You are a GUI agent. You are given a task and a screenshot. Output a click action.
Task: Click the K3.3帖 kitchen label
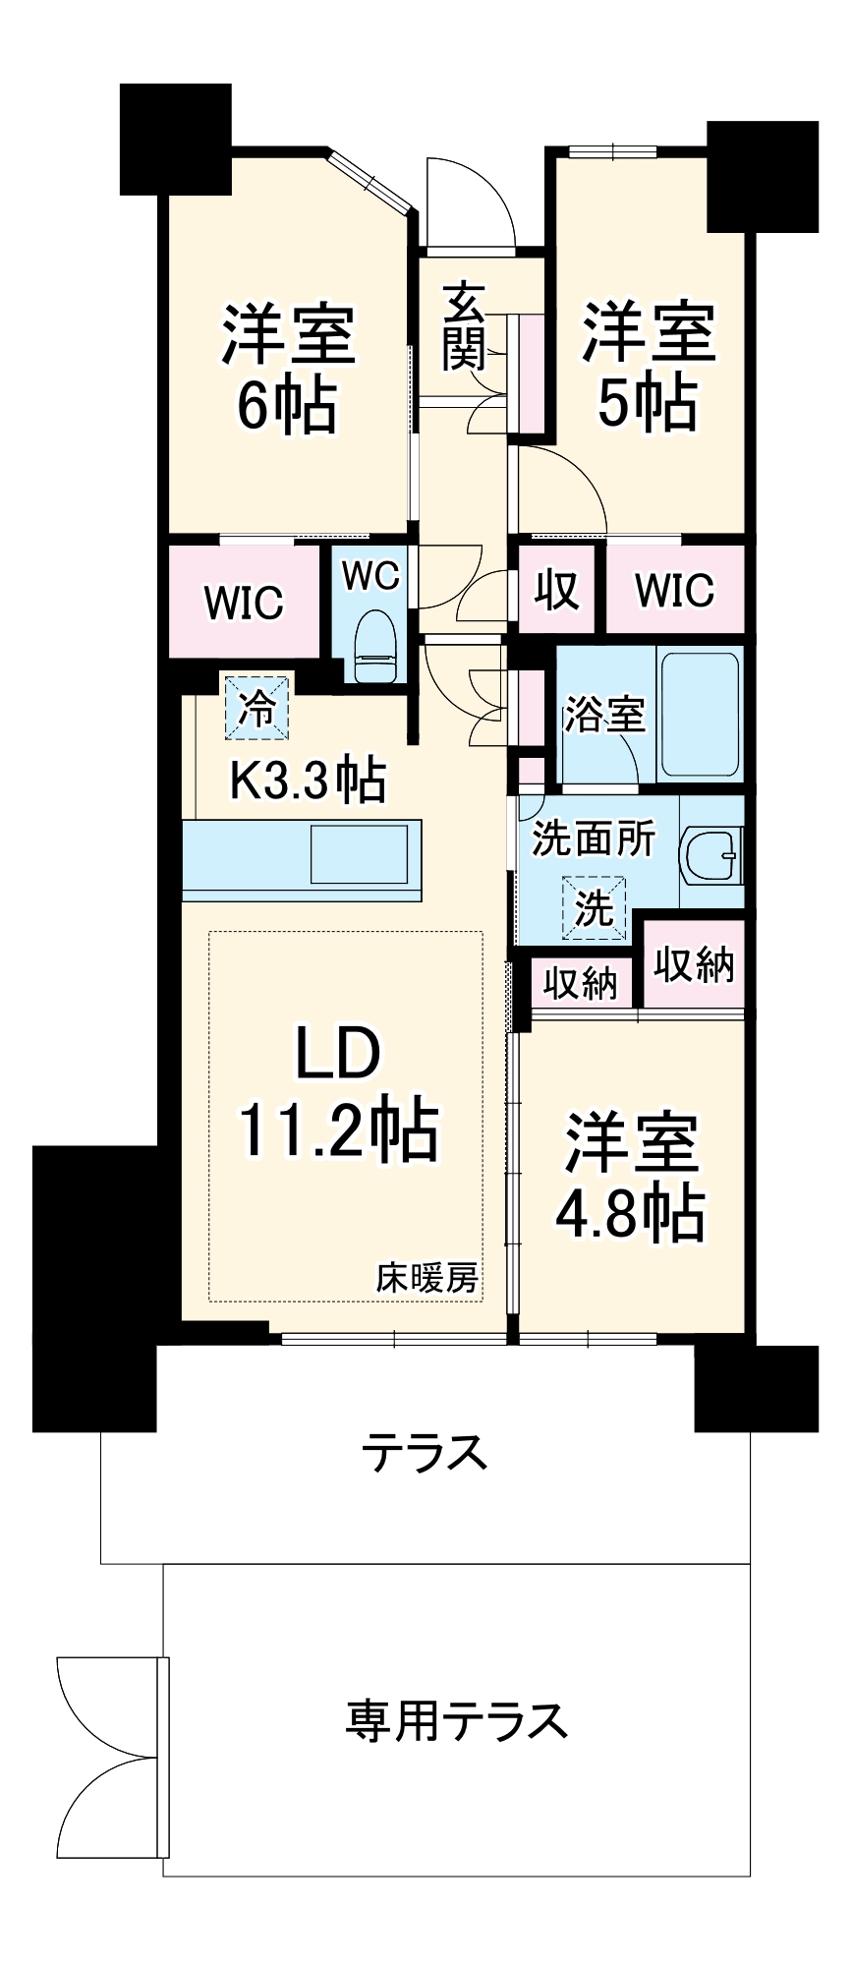[307, 781]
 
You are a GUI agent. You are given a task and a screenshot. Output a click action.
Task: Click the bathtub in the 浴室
[701, 713]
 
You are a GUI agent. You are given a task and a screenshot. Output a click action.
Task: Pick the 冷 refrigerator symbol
[257, 708]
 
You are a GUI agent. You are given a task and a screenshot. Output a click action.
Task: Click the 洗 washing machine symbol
[594, 907]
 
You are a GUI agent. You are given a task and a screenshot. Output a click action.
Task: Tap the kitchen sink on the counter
[359, 854]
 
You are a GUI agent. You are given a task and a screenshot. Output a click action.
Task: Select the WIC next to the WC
[244, 602]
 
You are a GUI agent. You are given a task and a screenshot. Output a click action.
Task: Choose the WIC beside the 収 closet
[674, 590]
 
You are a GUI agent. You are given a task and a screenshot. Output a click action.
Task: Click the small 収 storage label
[556, 591]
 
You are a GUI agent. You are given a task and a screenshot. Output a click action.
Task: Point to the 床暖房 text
[427, 1278]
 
